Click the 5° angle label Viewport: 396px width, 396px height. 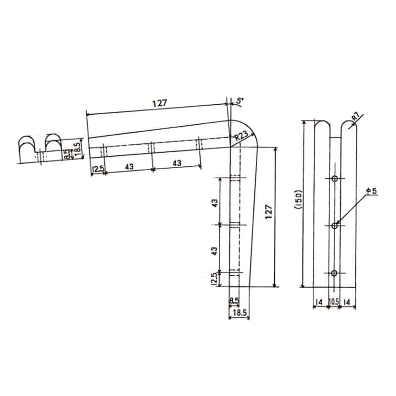240,101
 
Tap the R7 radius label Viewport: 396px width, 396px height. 355,117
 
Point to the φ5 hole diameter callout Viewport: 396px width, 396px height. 372,191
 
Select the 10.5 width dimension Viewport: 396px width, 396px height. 334,300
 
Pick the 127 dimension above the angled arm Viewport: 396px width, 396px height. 159,103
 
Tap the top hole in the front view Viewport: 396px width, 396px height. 335,178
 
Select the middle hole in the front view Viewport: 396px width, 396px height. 335,226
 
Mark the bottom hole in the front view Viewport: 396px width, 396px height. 335,273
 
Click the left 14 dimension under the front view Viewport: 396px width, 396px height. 319,300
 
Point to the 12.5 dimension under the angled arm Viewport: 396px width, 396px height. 98,168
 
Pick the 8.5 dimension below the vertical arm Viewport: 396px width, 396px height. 234,300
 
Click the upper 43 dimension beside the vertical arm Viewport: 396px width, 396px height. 215,203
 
